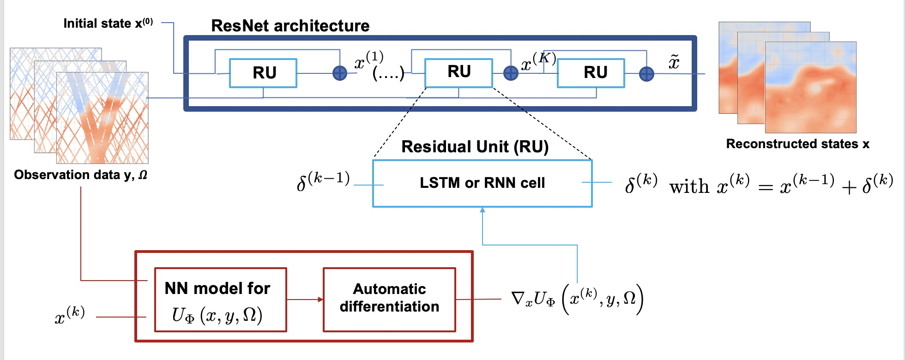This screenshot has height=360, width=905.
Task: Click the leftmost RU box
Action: pyautogui.click(x=263, y=73)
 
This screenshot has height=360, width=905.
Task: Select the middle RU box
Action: pyautogui.click(x=459, y=72)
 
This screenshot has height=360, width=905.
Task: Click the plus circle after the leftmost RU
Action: pyautogui.click(x=340, y=73)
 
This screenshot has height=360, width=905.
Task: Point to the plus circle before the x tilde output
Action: pyautogui.click(x=646, y=73)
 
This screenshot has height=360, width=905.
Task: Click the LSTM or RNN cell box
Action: pyautogui.click(x=482, y=183)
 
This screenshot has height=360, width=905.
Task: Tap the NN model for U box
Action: pyautogui.click(x=220, y=300)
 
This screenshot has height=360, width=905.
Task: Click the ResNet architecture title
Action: pyautogui.click(x=290, y=26)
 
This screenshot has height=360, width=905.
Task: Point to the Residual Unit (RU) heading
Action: pyautogui.click(x=475, y=147)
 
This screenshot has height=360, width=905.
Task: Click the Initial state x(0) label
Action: pyautogui.click(x=108, y=23)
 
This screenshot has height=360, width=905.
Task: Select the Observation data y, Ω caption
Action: pyautogui.click(x=81, y=175)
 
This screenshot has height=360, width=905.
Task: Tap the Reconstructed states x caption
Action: pyautogui.click(x=797, y=144)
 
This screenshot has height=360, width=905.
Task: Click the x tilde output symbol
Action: pyautogui.click(x=674, y=62)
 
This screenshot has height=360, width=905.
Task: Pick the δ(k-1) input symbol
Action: pyautogui.click(x=323, y=180)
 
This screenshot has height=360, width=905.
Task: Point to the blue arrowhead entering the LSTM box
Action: pyautogui.click(x=483, y=210)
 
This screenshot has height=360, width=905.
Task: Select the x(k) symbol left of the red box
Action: pyautogui.click(x=70, y=316)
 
